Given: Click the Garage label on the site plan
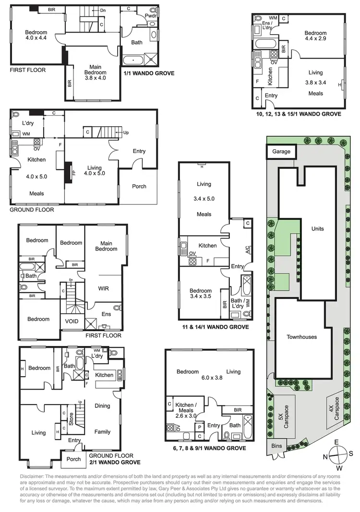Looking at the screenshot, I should pyautogui.click(x=281, y=152).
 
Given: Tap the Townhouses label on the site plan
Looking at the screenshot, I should pyautogui.click(x=301, y=337).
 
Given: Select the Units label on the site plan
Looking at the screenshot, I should pyautogui.click(x=317, y=228).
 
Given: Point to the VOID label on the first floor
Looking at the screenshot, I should pyautogui.click(x=66, y=321).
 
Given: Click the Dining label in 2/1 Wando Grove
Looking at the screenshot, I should pyautogui.click(x=102, y=405).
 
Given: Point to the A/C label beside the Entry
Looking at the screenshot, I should pyautogui.click(x=248, y=250).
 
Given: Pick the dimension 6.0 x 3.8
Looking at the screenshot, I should pyautogui.click(x=209, y=378).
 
